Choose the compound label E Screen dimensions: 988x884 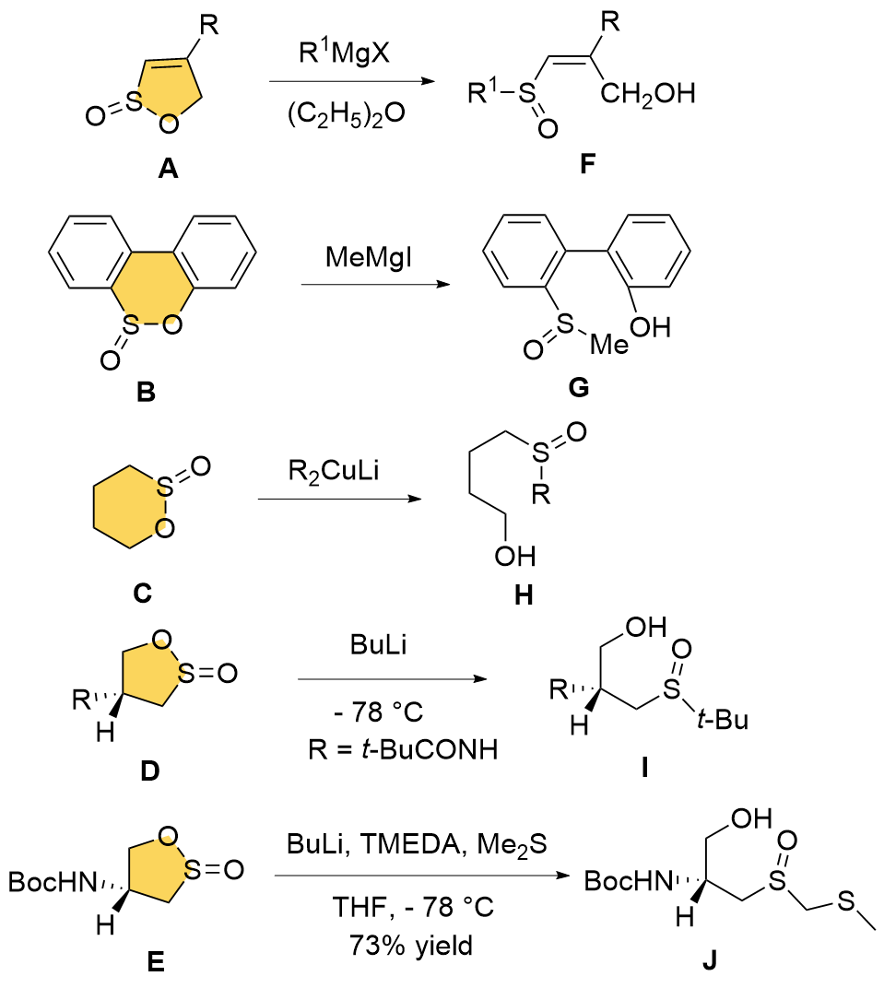coord(156,961)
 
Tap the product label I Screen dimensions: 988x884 coord(644,765)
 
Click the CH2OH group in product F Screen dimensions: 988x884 coord(643,93)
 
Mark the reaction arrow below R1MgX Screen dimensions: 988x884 coord(350,82)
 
